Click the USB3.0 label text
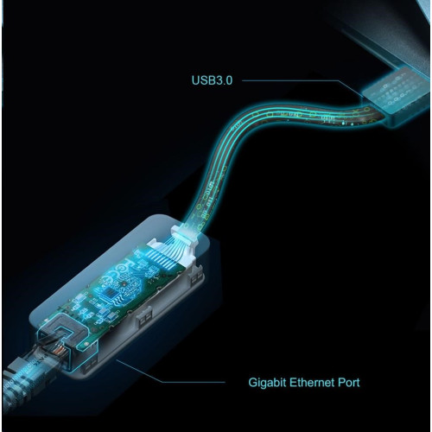tap(212, 80)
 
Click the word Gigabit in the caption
tap(267, 383)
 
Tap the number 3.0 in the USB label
tap(223, 80)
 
